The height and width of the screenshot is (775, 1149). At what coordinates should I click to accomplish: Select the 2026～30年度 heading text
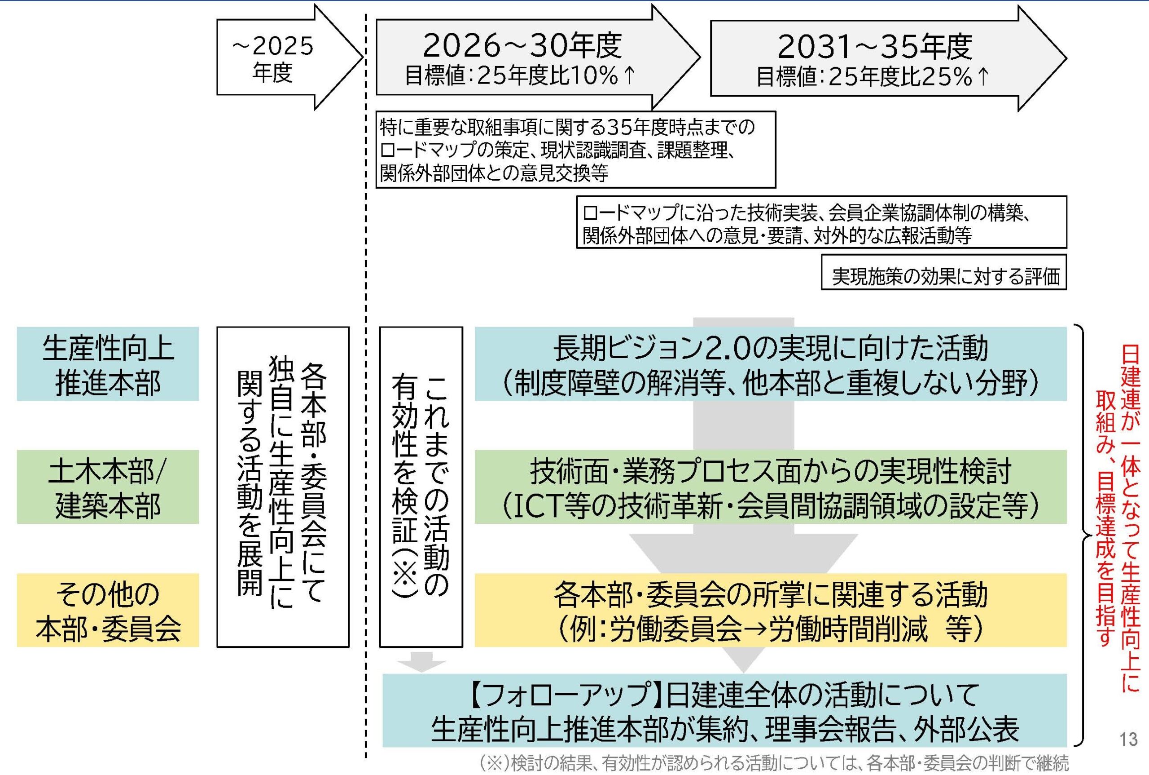point(522,46)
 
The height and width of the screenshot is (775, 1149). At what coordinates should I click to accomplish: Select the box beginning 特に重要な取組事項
point(575,150)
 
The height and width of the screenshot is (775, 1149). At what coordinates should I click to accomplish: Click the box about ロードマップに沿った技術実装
point(821,222)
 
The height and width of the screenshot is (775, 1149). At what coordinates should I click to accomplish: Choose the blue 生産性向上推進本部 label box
point(108,364)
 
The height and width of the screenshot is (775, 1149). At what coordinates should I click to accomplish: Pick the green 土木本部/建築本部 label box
point(108,487)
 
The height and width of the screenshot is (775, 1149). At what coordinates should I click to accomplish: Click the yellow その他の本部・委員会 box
point(108,610)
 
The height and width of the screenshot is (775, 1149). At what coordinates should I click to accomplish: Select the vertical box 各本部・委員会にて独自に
point(283,487)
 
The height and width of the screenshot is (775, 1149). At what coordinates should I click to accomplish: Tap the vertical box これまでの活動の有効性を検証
point(421,487)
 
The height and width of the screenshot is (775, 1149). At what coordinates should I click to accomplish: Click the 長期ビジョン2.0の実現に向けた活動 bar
point(770,364)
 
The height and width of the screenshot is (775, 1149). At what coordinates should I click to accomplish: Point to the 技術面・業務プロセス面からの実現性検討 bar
point(770,487)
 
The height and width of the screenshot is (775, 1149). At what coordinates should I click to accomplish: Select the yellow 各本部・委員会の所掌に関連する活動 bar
point(770,610)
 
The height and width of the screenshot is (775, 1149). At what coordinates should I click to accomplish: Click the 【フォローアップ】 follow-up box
point(724,710)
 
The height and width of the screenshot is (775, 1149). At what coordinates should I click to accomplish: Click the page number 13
point(1128,740)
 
